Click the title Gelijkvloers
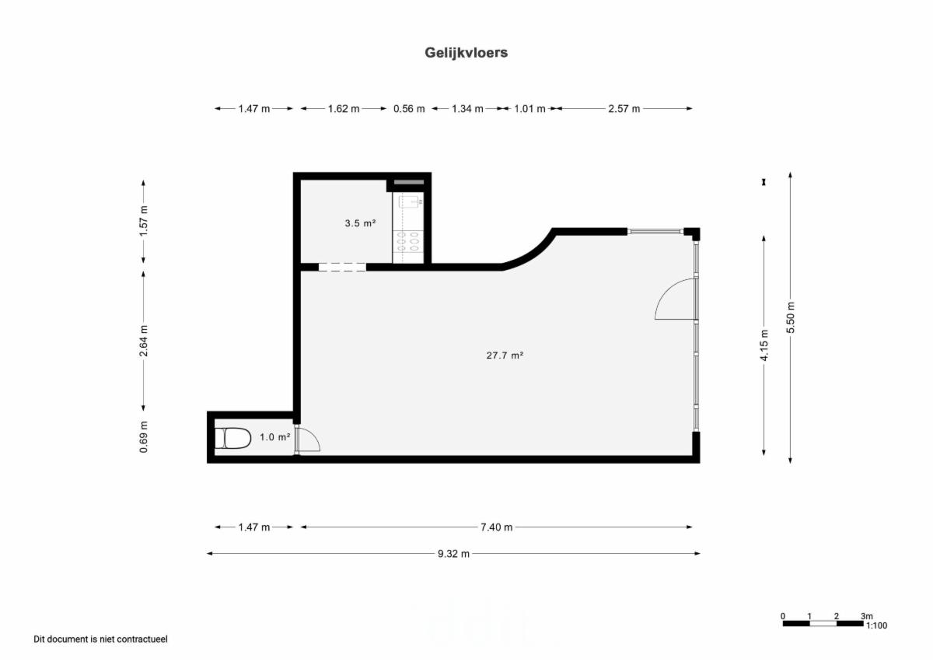[466, 53]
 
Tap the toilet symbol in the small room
[232, 438]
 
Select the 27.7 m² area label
[505, 356]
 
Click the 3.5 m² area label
[360, 223]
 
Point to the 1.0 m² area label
[275, 437]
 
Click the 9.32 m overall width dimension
[453, 554]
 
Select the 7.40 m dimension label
[497, 527]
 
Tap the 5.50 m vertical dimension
[791, 317]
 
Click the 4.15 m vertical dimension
[764, 345]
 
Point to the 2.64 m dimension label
[143, 341]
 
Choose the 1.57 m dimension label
[143, 221]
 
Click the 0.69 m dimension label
[143, 437]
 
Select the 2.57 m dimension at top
[624, 109]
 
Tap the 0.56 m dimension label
[409, 109]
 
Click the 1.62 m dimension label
[344, 109]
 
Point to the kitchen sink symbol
[411, 202]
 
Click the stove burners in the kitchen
[407, 242]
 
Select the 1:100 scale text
[876, 625]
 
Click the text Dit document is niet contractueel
[100, 639]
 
